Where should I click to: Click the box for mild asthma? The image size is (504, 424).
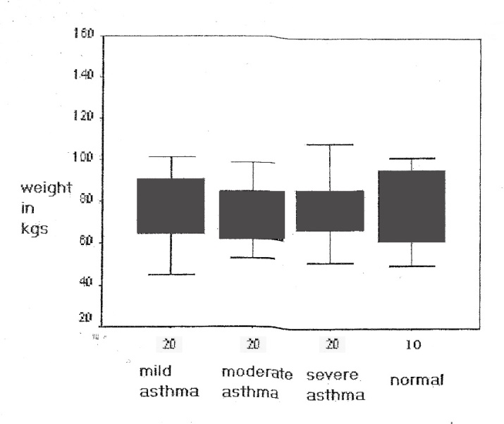tap(171, 206)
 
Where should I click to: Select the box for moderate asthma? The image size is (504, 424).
tap(252, 215)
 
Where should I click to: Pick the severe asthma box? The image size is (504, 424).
tap(330, 211)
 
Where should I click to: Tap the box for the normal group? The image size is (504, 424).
tap(412, 206)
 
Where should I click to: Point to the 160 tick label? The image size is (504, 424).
tap(85, 35)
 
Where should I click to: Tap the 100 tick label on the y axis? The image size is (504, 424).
tap(85, 158)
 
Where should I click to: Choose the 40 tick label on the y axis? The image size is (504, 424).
tap(87, 283)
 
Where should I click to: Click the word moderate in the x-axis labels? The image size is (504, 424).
tap(257, 370)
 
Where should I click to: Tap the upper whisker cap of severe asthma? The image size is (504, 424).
tap(330, 144)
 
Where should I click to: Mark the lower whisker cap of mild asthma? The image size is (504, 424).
tap(171, 274)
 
